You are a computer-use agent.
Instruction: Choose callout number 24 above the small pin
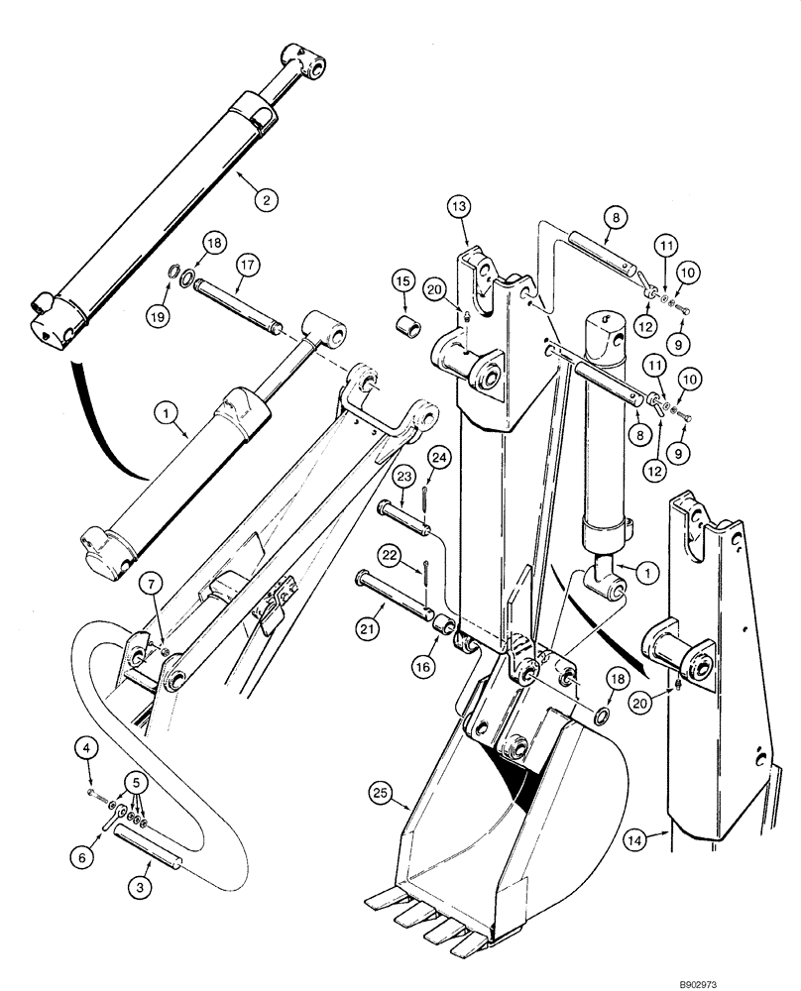(x=440, y=457)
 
